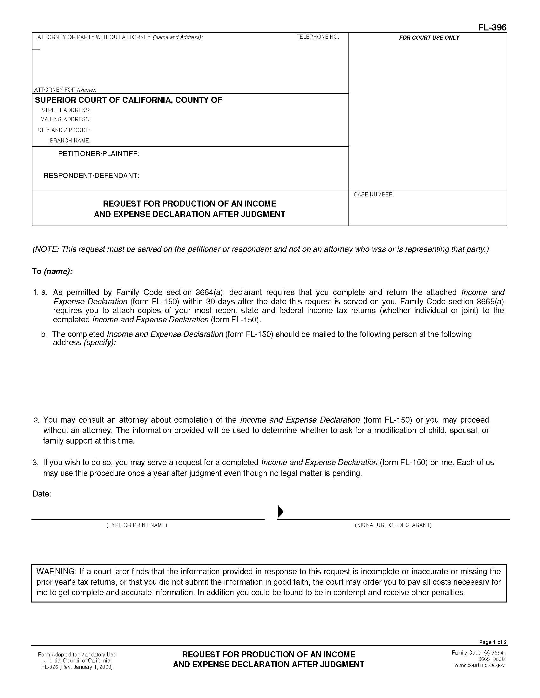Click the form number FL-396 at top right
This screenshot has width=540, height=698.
coord(492,28)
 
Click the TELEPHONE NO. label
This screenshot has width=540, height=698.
coord(318,37)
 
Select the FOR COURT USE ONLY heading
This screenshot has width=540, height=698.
coord(429,38)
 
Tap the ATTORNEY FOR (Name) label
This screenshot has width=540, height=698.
coord(65,90)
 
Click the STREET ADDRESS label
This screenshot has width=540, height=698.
coord(65,110)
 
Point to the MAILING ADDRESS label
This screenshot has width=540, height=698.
coord(65,120)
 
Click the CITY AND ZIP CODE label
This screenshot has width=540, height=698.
coord(64,130)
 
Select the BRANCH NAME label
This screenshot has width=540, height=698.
coord(70,141)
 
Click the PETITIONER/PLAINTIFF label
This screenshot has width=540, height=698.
coord(98,154)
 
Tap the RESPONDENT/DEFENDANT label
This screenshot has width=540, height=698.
coord(91,176)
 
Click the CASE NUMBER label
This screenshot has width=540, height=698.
coord(373,194)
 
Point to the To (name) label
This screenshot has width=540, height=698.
coord(52,271)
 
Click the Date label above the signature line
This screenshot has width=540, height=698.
coord(42,494)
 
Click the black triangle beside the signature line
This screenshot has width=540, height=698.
coord(280,511)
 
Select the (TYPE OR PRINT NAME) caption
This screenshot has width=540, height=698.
coord(137,525)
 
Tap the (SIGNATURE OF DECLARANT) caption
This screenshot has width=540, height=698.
coord(393,525)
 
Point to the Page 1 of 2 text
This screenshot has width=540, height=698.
coord(492,642)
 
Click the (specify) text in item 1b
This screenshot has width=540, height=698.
coord(99,343)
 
